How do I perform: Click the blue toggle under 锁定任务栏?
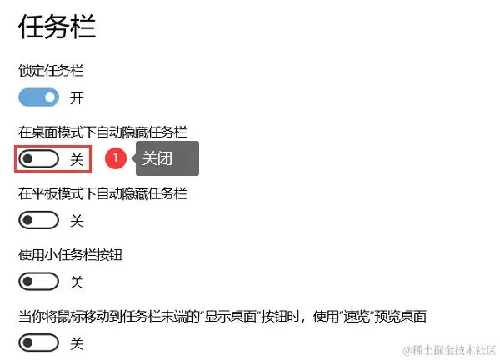point(39,97)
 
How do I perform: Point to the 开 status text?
point(77,98)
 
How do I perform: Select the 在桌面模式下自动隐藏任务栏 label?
point(102,132)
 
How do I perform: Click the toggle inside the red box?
point(39,158)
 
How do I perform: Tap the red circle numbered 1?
point(117,157)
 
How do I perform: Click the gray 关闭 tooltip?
point(167,157)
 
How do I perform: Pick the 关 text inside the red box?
point(77,159)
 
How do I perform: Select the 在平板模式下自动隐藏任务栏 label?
point(102,193)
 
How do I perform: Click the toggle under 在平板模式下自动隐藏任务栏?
point(39,220)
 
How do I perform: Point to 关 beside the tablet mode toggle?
point(77,221)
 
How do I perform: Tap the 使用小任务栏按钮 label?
point(76,254)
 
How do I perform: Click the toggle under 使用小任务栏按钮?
point(39,281)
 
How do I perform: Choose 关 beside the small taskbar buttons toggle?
point(77,282)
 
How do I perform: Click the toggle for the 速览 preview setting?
point(39,342)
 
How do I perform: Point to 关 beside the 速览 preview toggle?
point(77,342)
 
